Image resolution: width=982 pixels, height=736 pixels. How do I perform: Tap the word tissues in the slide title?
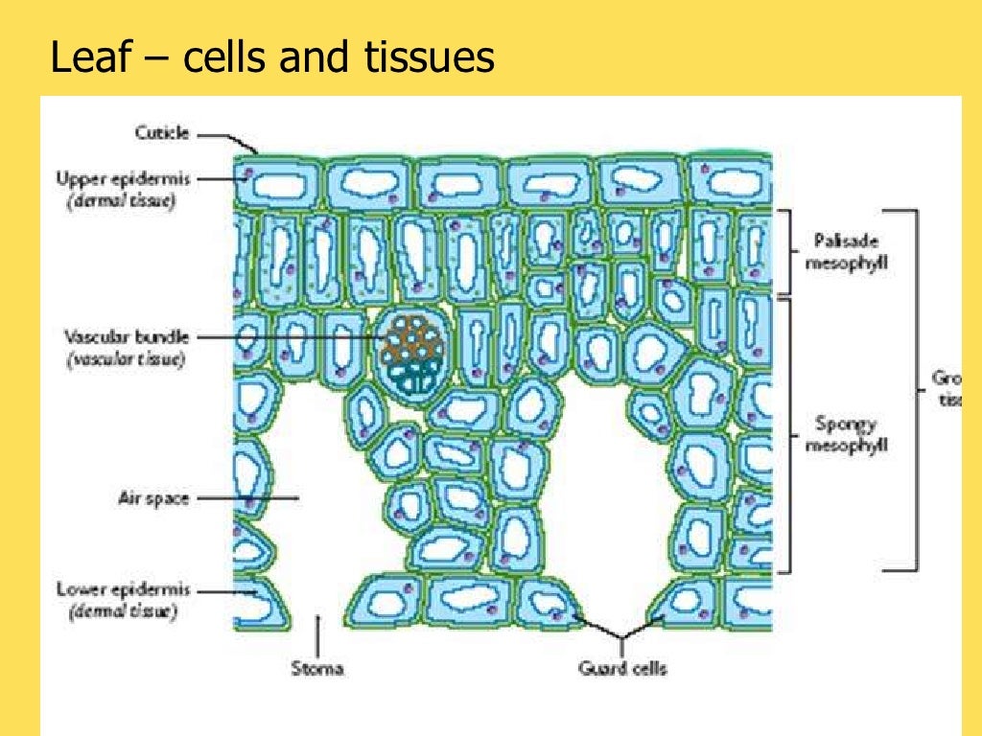point(435,59)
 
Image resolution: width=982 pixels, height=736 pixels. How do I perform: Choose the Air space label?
point(153,498)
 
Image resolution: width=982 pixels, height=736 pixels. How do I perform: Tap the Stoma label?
point(317,669)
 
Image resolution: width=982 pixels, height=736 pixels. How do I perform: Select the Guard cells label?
point(623,669)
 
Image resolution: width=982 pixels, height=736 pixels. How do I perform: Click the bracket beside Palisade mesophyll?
point(792,251)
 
